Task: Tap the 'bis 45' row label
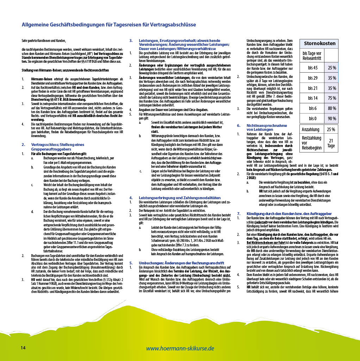(x=312, y=67)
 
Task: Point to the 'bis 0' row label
(x=312, y=118)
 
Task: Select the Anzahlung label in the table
(x=310, y=129)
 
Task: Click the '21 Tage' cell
(x=331, y=143)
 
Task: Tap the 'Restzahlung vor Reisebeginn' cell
(x=311, y=143)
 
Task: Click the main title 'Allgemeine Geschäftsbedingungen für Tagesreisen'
(x=109, y=24)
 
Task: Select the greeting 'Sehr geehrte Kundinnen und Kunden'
(x=44, y=41)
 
